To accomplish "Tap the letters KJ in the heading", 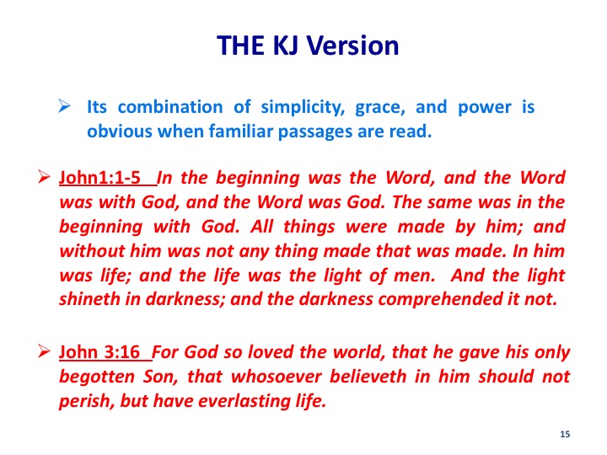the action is [286, 45].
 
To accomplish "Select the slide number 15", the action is [565, 434].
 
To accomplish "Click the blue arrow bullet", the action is [64, 105].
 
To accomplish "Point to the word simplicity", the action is [303, 107].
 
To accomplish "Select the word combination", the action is [170, 107].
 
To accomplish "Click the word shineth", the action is [89, 299].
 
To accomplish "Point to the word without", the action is [92, 251].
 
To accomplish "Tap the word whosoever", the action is [277, 377].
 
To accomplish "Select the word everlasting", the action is [244, 401].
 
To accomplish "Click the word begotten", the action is [97, 377].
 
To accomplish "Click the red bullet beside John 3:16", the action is [44, 351].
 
